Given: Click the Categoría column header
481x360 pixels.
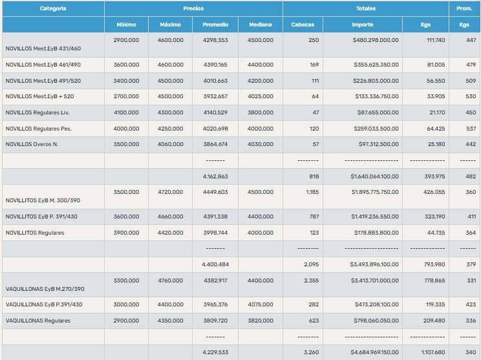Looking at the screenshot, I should point(52,8).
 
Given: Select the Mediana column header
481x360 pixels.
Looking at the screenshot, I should point(260,25).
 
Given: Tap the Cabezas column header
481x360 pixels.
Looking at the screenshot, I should point(303,25).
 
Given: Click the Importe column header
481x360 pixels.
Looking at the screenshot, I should point(362,25).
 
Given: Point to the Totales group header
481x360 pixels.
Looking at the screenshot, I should point(365,8).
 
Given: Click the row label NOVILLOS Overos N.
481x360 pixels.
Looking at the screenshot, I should point(32,144).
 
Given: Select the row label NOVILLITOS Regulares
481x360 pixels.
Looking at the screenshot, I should point(35,233).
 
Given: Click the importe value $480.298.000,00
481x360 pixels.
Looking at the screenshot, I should point(376,40).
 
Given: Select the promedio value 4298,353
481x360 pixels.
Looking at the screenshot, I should point(215,40).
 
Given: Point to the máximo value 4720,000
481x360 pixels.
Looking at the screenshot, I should point(171,192).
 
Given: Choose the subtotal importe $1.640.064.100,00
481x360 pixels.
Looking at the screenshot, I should point(374,176).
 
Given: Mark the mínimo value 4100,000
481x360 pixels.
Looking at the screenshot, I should point(126,112).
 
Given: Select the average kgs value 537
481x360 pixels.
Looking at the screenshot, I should point(471,128).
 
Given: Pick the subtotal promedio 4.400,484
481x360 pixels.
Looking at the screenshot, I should point(215,264).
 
